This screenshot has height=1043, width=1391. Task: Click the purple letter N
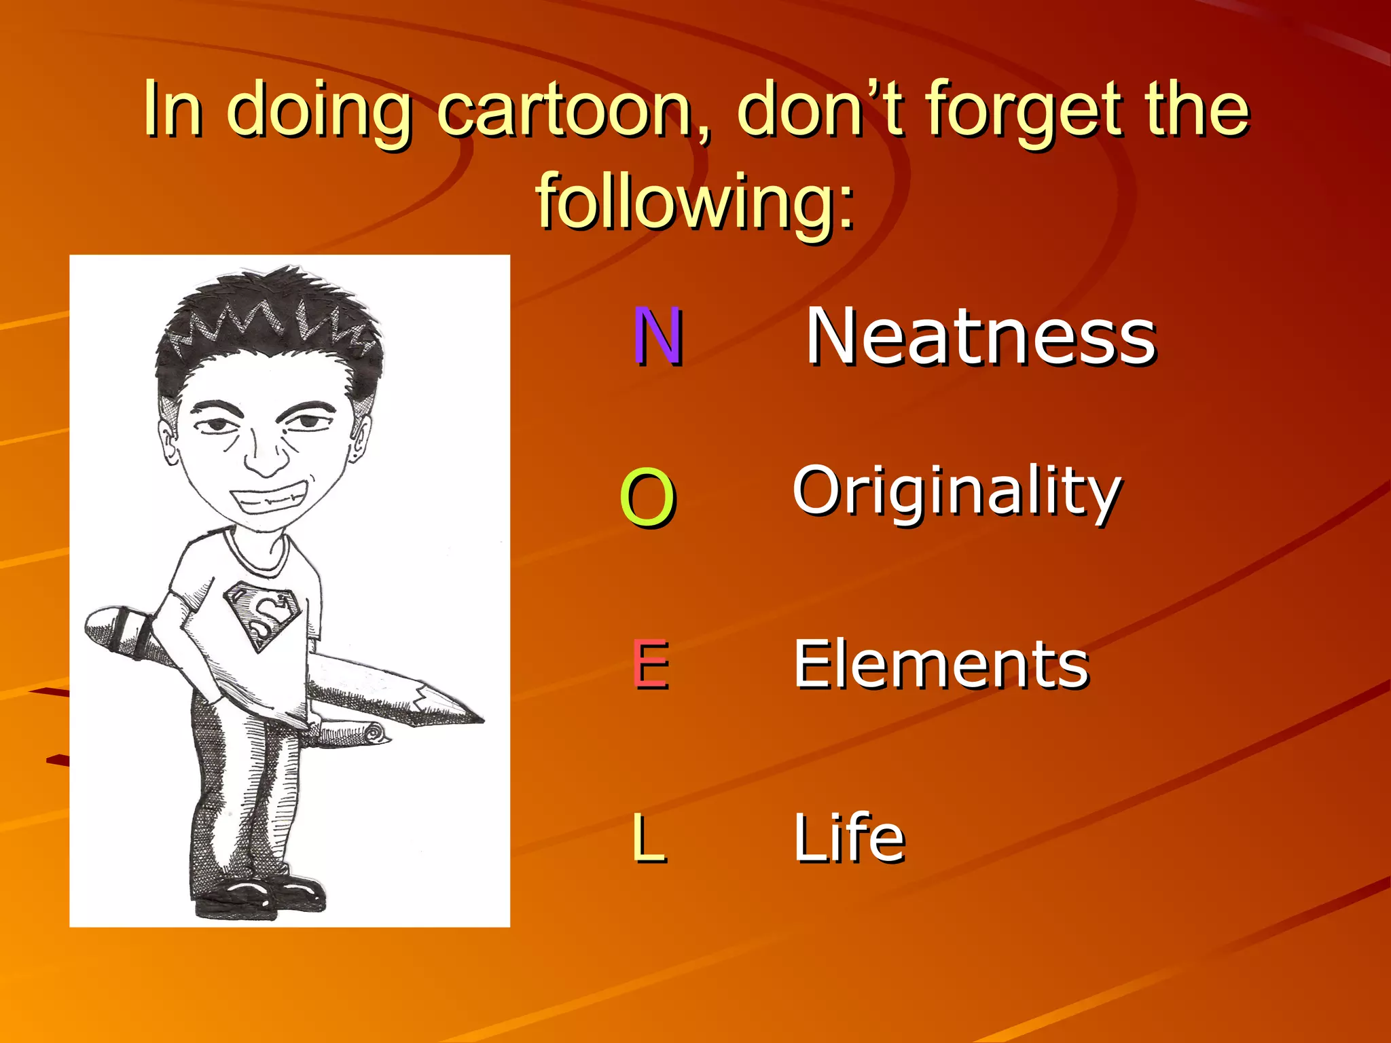(x=657, y=336)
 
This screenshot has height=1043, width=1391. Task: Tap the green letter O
(x=647, y=498)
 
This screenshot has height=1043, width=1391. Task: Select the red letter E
(x=651, y=665)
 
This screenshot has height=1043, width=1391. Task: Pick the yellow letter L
(x=648, y=838)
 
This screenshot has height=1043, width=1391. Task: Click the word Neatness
(x=980, y=336)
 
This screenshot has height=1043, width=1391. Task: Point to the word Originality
(x=956, y=492)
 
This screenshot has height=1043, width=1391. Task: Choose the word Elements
(x=941, y=665)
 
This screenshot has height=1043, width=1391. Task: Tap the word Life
(x=849, y=838)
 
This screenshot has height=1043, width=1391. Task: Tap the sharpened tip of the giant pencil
(x=469, y=716)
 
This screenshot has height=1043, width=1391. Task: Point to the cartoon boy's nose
(x=265, y=458)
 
